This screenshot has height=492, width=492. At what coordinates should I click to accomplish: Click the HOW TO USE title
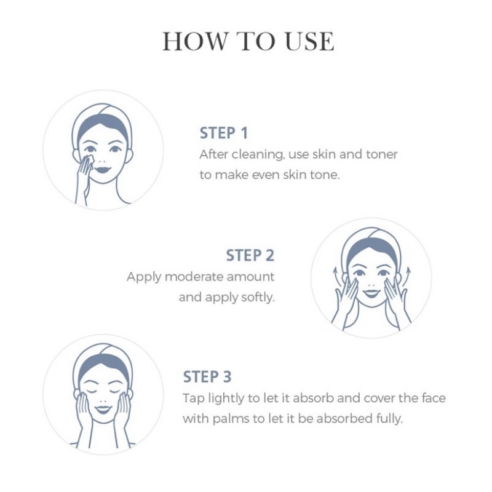click(x=248, y=41)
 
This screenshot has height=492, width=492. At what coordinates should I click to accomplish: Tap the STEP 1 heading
click(x=224, y=133)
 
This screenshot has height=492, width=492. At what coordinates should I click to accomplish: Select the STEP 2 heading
click(x=250, y=255)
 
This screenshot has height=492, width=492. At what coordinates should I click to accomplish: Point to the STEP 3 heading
click(x=207, y=377)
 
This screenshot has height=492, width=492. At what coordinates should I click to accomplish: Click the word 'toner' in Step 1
click(x=381, y=154)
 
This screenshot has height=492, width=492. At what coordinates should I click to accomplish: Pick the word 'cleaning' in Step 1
click(x=258, y=155)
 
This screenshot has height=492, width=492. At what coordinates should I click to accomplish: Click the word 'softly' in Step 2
click(x=258, y=298)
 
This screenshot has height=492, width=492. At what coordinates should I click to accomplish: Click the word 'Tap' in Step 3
click(x=194, y=399)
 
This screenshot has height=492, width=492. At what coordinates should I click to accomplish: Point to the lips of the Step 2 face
click(x=371, y=293)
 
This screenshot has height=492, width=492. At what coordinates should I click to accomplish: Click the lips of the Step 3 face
click(x=103, y=409)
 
